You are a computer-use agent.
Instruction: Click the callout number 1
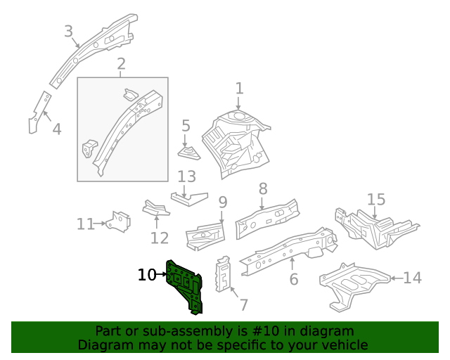pyautogui.click(x=239, y=89)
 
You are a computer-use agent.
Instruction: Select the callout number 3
pyautogui.click(x=68, y=31)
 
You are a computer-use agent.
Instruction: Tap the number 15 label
pyautogui.click(x=376, y=199)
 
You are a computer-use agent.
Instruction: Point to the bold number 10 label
pyautogui.click(x=147, y=275)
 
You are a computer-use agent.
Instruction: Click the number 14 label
pyautogui.click(x=412, y=278)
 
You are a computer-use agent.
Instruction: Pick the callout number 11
pyautogui.click(x=85, y=224)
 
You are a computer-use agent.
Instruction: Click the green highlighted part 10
pyautogui.click(x=185, y=285)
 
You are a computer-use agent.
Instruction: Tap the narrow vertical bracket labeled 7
pyautogui.click(x=224, y=273)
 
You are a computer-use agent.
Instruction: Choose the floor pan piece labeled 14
pyautogui.click(x=355, y=285)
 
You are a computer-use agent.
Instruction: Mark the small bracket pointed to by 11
pyautogui.click(x=120, y=221)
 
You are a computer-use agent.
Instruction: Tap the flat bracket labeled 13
pyautogui.click(x=190, y=199)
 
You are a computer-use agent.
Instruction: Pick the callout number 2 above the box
pyautogui.click(x=121, y=65)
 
